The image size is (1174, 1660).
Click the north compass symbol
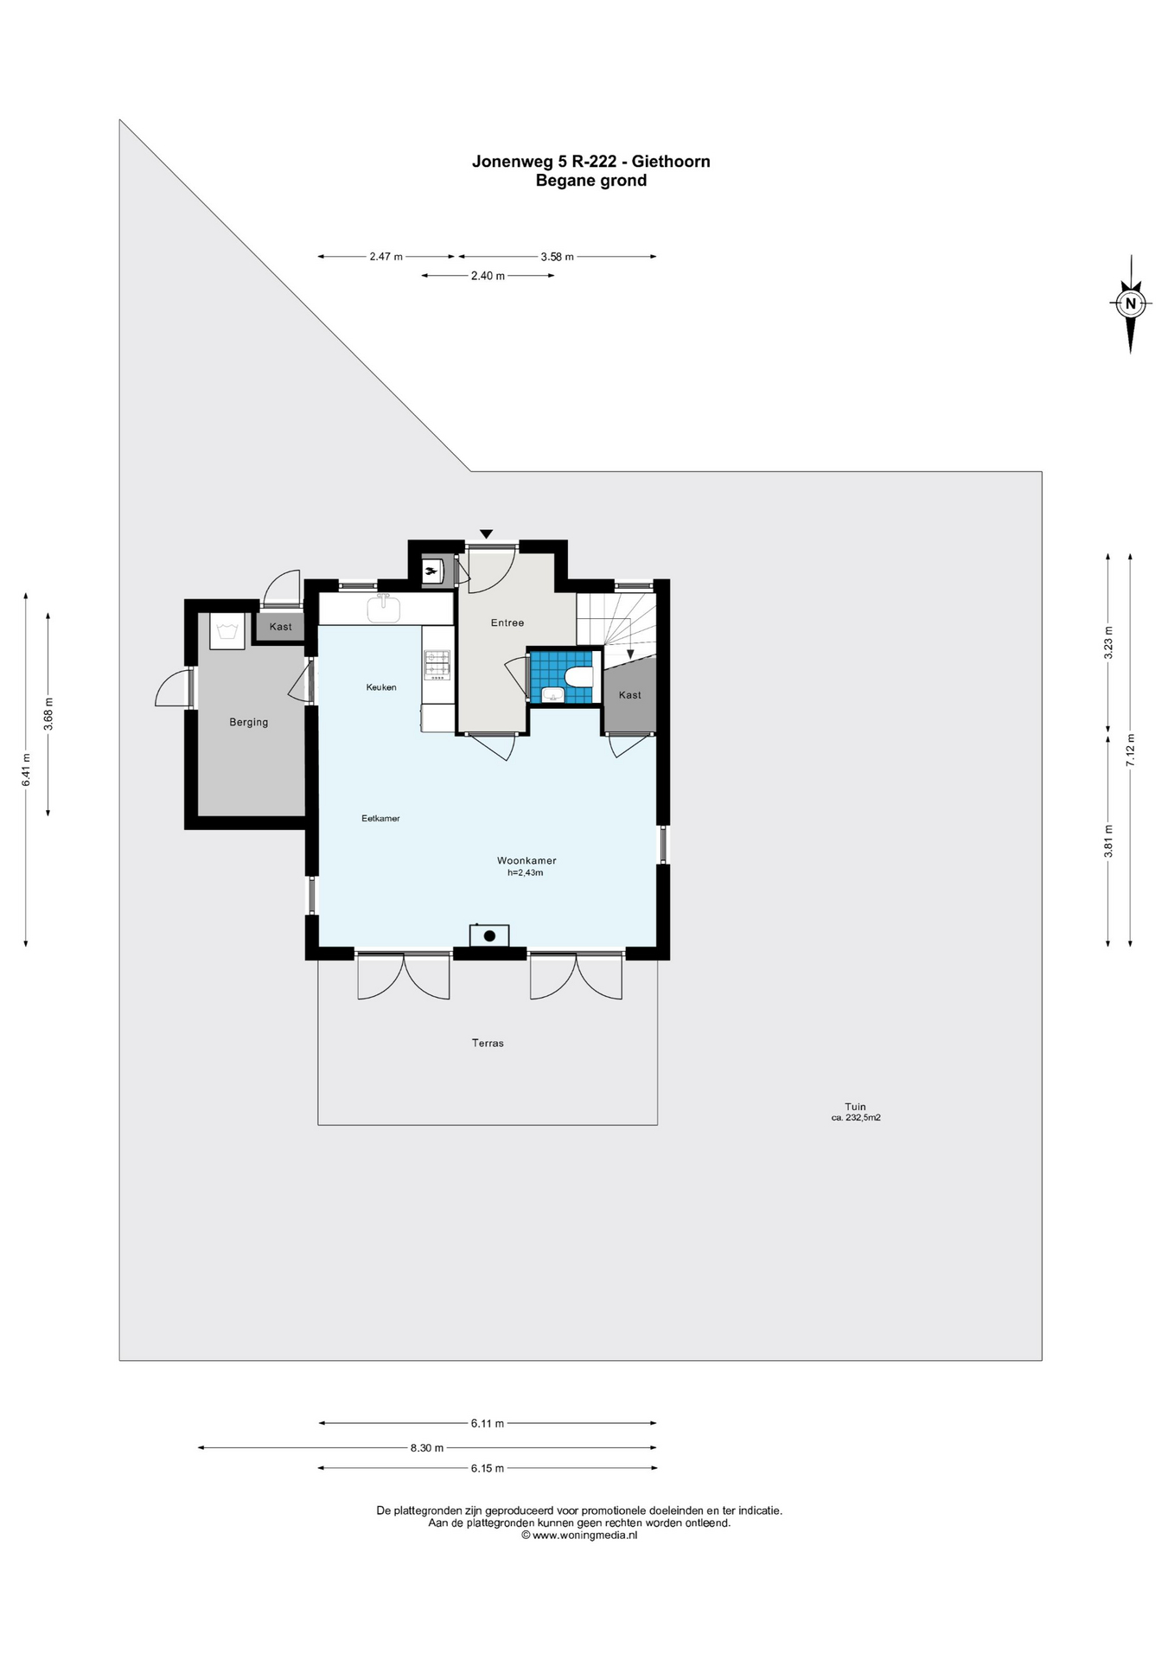point(1130,303)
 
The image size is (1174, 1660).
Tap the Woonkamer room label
point(526,860)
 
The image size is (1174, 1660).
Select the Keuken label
point(381,687)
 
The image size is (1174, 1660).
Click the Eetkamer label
point(380,818)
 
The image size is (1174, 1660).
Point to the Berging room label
point(249,722)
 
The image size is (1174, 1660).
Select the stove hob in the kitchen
point(437,663)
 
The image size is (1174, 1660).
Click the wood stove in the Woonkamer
point(489,935)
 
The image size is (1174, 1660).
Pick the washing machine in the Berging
point(227,631)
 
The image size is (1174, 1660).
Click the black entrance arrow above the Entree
point(487,534)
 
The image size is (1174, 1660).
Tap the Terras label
point(488,1043)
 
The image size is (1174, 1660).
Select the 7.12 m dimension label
point(1130,750)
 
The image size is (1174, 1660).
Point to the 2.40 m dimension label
point(488,276)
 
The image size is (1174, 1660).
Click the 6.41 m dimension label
point(26,769)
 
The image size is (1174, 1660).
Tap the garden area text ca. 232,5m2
point(856,1118)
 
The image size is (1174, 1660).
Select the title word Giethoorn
point(671,161)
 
